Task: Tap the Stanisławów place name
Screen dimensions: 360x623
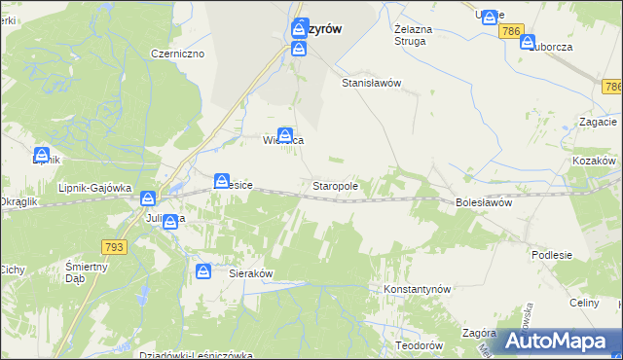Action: click(x=371, y=84)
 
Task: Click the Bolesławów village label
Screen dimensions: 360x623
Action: click(x=484, y=202)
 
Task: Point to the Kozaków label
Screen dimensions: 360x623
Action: click(x=595, y=160)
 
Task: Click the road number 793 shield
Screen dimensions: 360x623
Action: click(x=113, y=248)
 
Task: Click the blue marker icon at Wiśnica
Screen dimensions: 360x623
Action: click(x=285, y=134)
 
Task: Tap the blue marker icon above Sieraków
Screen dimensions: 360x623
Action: click(x=203, y=271)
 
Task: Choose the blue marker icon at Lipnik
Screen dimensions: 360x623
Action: click(x=42, y=154)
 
